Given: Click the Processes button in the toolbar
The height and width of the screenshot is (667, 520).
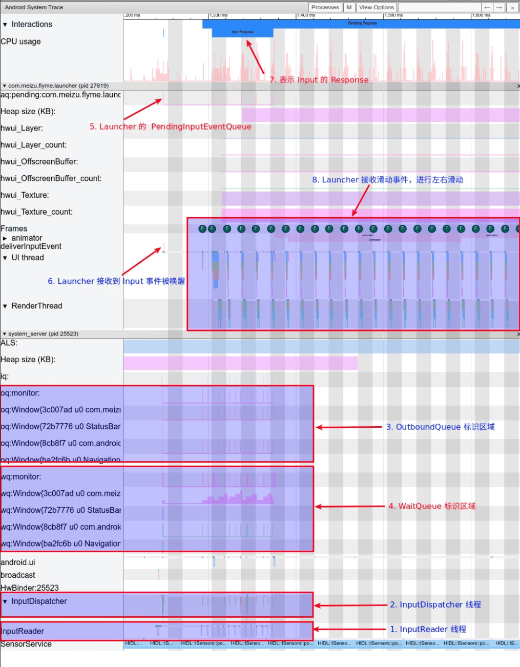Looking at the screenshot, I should coord(325,7).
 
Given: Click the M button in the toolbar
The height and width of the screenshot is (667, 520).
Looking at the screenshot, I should coord(349,7).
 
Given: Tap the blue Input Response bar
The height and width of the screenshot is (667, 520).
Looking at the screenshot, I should coord(242,32).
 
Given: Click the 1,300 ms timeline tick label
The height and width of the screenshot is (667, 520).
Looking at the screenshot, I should coord(219,15).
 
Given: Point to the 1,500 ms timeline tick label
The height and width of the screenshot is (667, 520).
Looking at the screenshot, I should coord(393,15).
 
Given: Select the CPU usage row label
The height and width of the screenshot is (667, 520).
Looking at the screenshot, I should coord(21,41).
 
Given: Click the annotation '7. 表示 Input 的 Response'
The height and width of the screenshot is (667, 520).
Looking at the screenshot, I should coord(319,80).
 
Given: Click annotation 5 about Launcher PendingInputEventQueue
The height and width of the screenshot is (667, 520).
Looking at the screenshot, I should coord(170,127).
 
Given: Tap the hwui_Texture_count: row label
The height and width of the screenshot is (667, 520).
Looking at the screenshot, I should coord(37,212).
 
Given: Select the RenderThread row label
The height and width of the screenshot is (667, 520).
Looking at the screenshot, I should coord(37,306).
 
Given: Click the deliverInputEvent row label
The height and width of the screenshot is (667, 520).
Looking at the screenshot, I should coord(31,246).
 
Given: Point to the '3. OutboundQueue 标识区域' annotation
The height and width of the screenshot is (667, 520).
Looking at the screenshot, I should coord(440,427).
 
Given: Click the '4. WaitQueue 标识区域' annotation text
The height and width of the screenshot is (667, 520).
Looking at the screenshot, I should coord(431,506).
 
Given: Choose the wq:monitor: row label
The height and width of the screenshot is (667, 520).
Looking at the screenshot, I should coord(21,476).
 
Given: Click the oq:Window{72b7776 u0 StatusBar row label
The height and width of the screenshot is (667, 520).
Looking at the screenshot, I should coord(61,426).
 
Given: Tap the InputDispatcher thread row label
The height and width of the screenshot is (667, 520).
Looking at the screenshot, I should coord(39,601).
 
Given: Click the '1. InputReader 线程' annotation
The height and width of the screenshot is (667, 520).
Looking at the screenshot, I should coord(428,629).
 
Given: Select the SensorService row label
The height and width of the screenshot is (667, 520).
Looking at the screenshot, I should coord(26,644).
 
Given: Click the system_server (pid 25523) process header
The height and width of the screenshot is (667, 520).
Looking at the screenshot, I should coord(43,333).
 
